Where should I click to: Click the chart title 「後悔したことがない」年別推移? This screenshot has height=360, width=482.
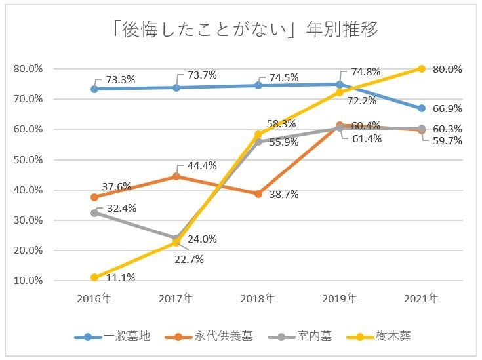[241, 31]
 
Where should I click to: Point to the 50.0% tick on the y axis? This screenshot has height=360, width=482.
[28, 159]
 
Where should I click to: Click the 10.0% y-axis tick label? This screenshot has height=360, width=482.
[28, 281]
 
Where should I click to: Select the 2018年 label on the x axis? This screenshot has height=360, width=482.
[258, 298]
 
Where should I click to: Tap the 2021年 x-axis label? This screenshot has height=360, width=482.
[422, 298]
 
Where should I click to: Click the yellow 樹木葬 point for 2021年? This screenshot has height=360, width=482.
[422, 69]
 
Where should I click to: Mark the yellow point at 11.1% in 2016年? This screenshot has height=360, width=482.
[94, 277]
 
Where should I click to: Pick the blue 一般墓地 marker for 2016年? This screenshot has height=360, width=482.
[94, 89]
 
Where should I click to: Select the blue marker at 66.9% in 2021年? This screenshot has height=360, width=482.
[422, 108]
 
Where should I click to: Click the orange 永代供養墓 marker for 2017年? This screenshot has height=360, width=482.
[176, 176]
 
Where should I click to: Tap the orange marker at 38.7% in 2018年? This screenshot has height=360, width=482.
[258, 194]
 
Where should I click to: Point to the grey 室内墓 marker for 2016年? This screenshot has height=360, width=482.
[94, 212]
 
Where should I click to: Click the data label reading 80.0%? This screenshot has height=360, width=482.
[449, 69]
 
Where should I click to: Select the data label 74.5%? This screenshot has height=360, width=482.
[284, 77]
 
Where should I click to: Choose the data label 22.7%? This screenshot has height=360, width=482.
[190, 259]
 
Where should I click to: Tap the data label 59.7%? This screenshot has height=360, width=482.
[449, 140]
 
